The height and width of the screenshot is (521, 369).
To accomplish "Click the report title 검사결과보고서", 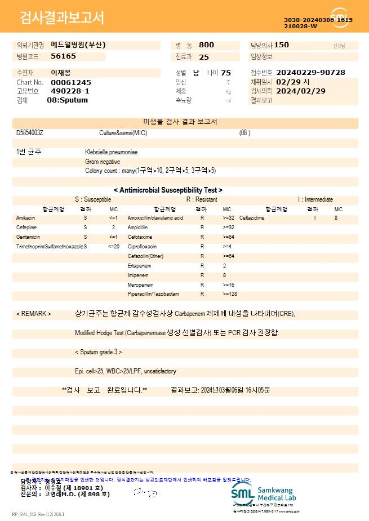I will click(62, 18).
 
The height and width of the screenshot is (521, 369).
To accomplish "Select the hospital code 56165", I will click(63, 56).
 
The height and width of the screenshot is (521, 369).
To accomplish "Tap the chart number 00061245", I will click(70, 82).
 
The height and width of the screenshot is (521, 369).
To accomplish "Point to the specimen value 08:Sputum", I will click(67, 100).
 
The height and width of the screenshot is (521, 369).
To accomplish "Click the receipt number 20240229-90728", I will click(311, 73).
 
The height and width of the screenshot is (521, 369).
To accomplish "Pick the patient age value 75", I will click(226, 73).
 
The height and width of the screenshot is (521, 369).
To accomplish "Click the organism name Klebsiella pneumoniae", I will click(112, 152).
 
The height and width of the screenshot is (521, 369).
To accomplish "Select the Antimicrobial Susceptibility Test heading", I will click(168, 190).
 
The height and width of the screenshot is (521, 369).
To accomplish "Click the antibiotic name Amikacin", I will click(25, 218).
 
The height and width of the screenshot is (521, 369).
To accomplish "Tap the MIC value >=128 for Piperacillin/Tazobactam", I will click(230, 294).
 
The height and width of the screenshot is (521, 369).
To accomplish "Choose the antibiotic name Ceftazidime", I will click(251, 218).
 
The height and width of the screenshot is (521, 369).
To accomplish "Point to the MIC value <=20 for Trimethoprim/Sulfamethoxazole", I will click(113, 247).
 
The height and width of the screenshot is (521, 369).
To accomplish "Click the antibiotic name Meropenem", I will click(140, 285).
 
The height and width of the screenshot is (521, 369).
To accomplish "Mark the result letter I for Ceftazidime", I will click(315, 218).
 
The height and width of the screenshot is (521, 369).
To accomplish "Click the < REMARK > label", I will click(34, 314).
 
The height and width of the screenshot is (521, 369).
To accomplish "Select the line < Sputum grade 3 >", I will click(99, 352).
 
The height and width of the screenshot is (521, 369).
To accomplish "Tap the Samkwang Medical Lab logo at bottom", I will click(263, 493).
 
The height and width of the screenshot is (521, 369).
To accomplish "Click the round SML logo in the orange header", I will click(340, 17).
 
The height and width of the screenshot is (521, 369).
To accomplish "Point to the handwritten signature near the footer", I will click(145, 493).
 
